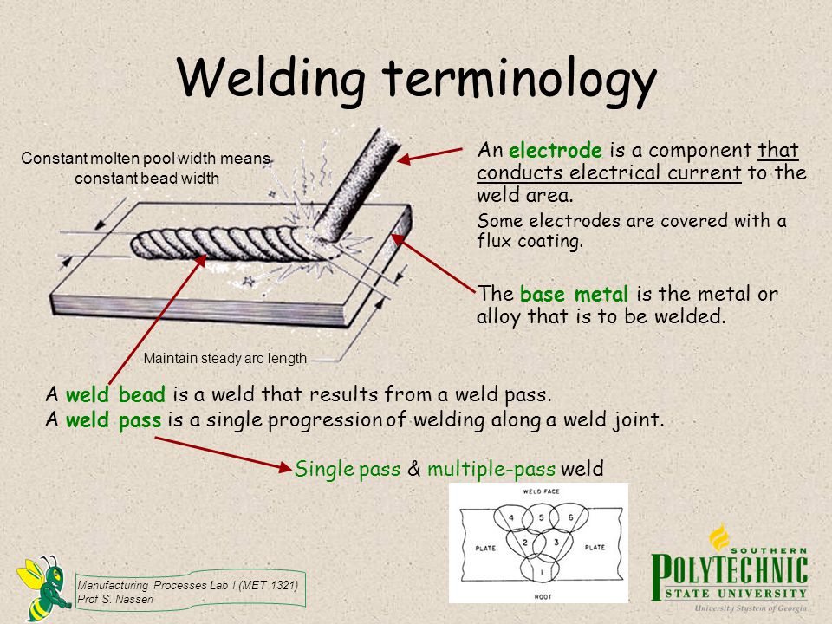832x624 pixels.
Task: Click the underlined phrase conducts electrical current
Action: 608,172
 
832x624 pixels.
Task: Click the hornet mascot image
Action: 42,584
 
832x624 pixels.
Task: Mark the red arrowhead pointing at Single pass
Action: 288,468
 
